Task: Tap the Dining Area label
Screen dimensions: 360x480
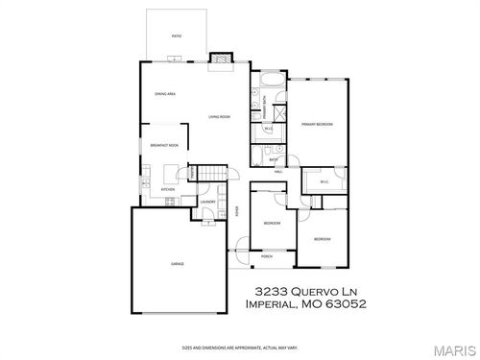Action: tap(164, 93)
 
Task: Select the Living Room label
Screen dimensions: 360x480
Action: tap(220, 117)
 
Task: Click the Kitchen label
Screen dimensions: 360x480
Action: tap(167, 191)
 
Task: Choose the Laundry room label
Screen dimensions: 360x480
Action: tap(206, 202)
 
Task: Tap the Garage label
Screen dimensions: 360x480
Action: tap(178, 262)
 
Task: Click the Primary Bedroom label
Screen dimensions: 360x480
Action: tap(316, 125)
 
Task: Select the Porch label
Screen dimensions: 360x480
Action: tap(267, 257)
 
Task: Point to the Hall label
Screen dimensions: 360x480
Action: tap(277, 172)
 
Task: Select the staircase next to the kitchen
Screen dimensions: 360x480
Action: tap(208, 173)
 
